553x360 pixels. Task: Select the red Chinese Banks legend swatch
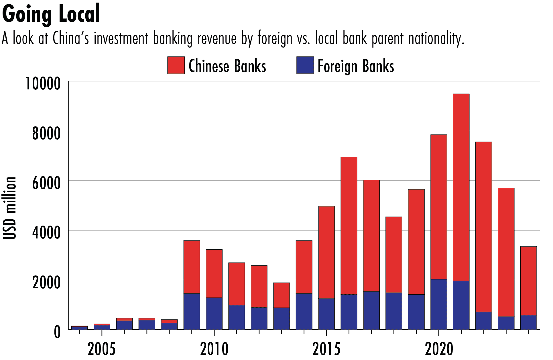pos(176,65)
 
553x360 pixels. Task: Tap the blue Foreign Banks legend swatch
pos(305,65)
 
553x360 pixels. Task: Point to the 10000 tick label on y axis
pos(43,84)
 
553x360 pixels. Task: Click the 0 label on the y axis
pos(57,332)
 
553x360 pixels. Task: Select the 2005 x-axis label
pos(102,349)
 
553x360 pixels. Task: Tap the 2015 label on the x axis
pos(326,349)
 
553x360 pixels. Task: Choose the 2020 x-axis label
pos(439,349)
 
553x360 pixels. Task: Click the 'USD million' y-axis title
pos(10,208)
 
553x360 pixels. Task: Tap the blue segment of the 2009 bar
pos(192,311)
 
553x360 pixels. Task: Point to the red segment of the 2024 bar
pos(528,281)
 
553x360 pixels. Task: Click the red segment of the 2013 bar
pos(282,295)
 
